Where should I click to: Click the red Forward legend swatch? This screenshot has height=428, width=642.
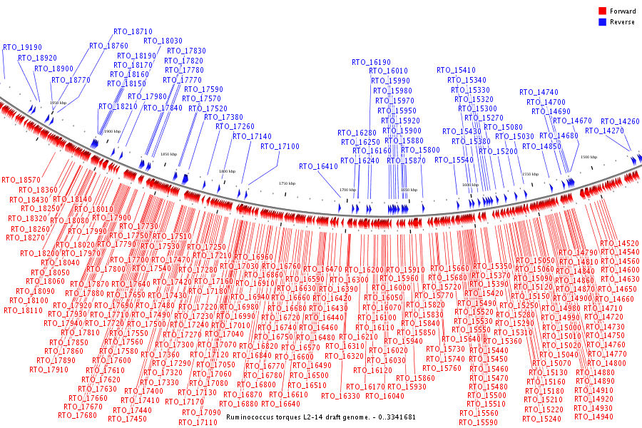coord(602,11)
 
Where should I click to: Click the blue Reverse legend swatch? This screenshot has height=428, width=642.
coord(602,21)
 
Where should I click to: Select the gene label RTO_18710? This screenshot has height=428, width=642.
coord(133,32)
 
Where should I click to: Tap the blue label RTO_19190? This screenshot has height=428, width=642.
coord(22,47)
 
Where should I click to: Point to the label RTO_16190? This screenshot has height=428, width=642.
coord(371,63)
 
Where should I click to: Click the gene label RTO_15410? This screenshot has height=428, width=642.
coord(456,71)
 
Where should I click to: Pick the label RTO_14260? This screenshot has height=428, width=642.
coord(620,122)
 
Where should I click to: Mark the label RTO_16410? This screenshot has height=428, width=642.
coord(318,166)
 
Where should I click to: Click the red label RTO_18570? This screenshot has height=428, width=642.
coord(21,180)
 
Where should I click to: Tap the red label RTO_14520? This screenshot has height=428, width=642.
coord(620,244)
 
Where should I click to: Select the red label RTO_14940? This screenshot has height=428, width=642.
coord(593,417)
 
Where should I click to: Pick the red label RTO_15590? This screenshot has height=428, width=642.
coord(479,422)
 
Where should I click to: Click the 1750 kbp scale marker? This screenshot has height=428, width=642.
coord(287,183)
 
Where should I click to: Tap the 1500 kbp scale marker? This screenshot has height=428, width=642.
coord(588,157)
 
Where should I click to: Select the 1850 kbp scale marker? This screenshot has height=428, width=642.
coord(168,154)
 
